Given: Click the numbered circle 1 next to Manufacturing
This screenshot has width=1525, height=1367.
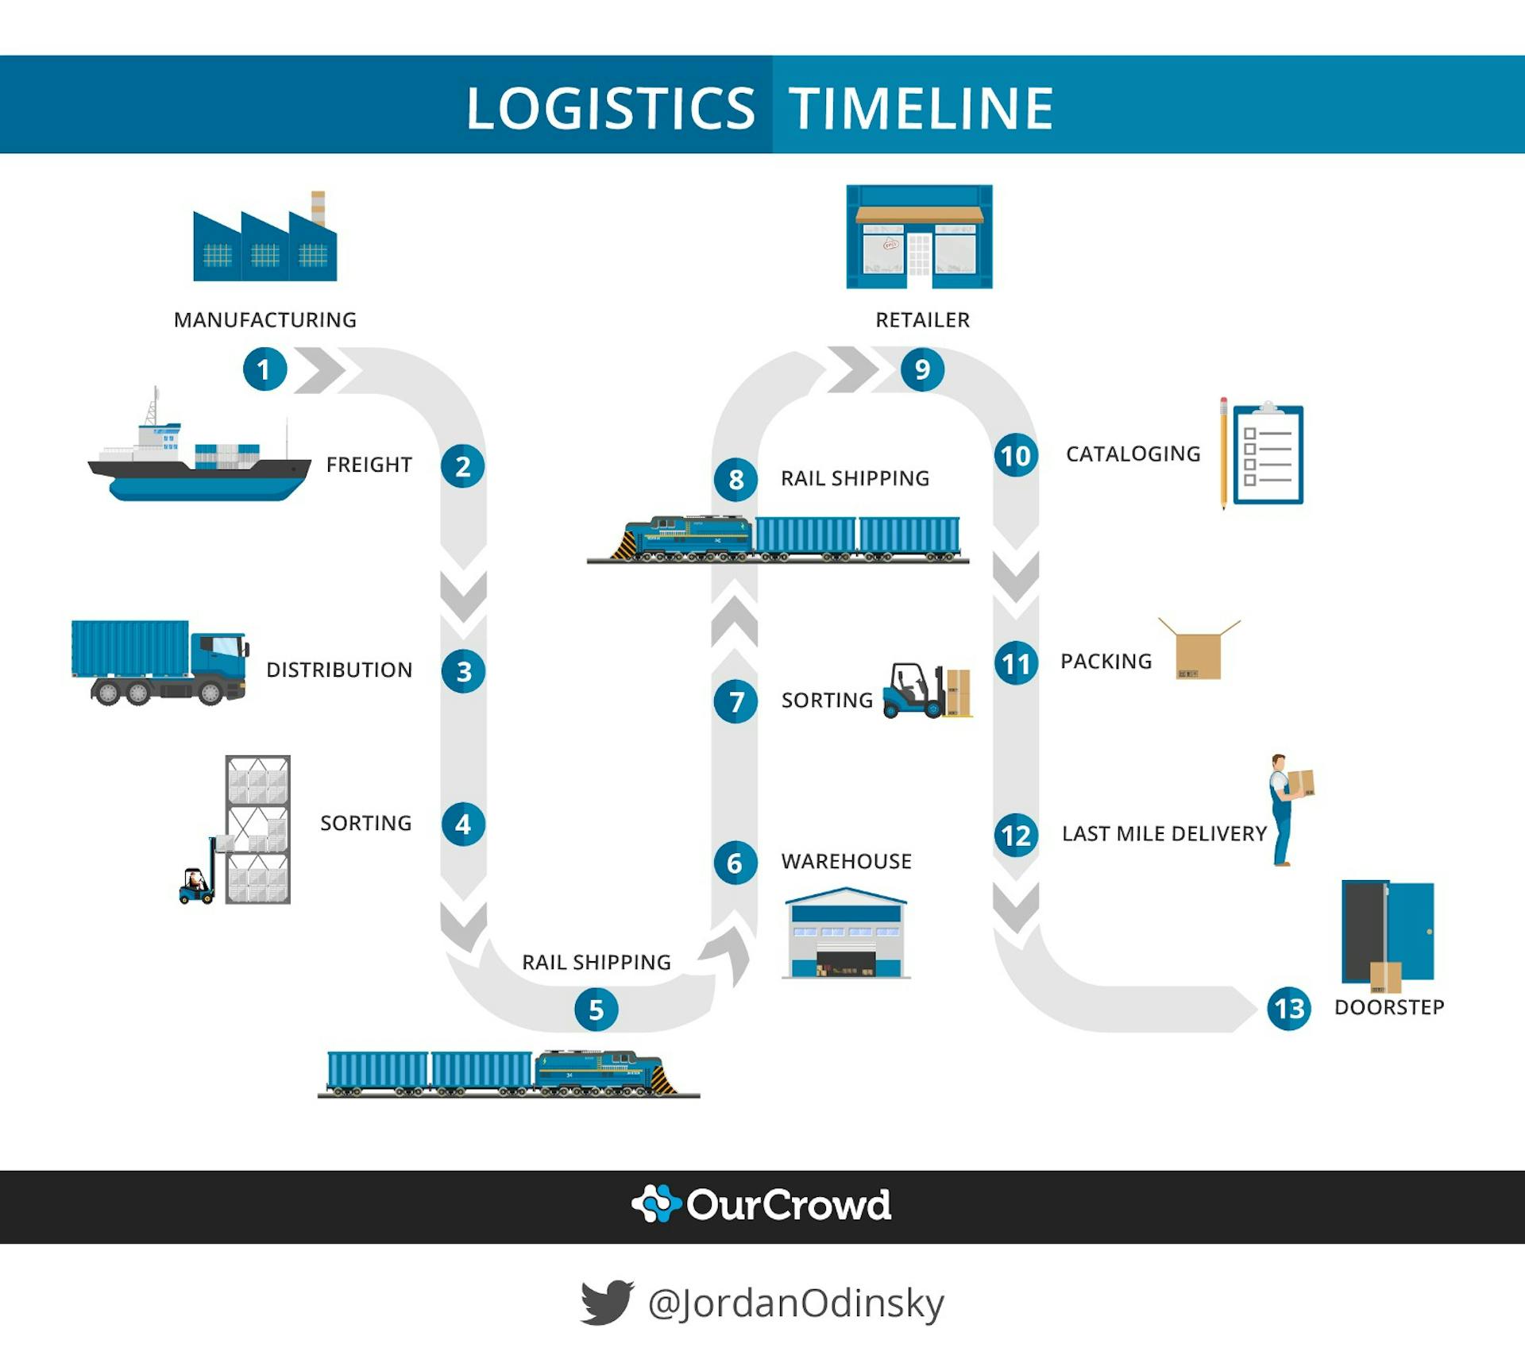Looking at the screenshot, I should tap(264, 369).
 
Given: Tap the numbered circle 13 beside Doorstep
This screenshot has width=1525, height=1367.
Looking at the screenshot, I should tap(1288, 1008).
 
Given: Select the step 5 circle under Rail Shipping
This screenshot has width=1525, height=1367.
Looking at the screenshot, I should tap(596, 1009).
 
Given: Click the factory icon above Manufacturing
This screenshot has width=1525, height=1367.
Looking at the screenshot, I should tap(264, 241).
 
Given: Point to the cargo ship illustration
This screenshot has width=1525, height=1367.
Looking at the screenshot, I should tap(199, 461).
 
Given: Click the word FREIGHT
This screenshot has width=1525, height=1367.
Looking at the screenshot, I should tap(369, 465).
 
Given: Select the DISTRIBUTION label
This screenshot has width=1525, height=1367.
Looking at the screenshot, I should tap(339, 670).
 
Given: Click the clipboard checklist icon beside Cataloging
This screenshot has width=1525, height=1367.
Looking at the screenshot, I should tap(1268, 454).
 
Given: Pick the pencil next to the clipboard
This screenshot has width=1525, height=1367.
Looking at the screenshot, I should tap(1223, 453).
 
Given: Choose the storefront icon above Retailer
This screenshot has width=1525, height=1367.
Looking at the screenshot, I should tap(919, 237).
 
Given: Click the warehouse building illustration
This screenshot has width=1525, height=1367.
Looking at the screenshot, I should tap(845, 934).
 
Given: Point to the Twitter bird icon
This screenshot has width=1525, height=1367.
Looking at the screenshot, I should tap(606, 1302).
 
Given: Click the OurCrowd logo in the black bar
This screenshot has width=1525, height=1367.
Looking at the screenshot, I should tap(761, 1205).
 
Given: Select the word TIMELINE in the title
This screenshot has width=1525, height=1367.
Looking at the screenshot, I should tap(921, 108).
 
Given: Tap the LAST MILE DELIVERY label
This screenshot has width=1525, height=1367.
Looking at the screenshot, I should tap(1164, 833).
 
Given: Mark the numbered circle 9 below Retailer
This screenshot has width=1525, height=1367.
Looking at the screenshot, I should tap(922, 369).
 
